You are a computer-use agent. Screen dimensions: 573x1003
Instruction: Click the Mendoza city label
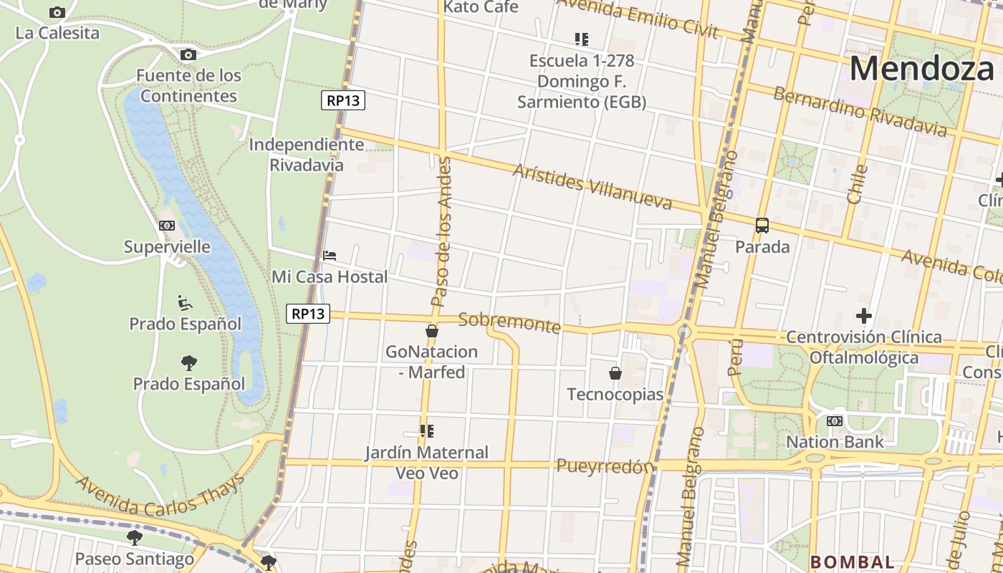coord(922,69)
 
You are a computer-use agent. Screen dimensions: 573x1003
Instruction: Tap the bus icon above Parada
coord(762,226)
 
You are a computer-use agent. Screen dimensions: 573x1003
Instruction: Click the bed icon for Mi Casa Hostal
coord(330,256)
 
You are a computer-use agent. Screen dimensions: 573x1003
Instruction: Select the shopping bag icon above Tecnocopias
coord(615,373)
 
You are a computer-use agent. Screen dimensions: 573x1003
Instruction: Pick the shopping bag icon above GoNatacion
coord(432,331)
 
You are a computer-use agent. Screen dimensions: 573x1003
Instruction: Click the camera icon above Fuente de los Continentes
coord(188,54)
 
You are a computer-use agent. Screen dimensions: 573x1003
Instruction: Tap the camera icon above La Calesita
coord(57,12)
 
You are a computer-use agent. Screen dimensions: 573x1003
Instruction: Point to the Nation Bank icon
coord(835,421)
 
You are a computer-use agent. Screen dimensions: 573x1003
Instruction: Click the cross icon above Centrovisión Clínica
coord(864,315)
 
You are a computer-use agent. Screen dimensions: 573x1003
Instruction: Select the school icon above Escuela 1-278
coord(582,39)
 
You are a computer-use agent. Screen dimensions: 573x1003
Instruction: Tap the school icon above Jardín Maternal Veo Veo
coord(427,431)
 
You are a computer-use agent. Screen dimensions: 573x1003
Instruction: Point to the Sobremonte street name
coord(509,322)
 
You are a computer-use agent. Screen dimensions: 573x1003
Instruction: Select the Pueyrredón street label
coord(605,466)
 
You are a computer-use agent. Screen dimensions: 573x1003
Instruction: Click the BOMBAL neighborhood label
coord(853,562)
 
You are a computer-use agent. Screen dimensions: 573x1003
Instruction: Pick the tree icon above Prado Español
coord(189,363)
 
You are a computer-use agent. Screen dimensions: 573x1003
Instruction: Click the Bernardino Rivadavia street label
coord(860,112)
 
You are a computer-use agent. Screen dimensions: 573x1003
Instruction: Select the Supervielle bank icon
coord(167,226)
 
